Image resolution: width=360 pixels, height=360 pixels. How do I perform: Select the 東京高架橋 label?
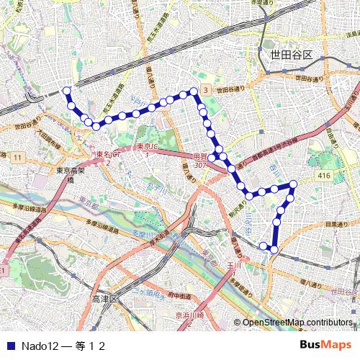pos(71,176)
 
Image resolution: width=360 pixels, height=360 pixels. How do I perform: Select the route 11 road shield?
pos(16,156)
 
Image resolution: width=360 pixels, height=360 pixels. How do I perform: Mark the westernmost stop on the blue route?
pos(67,91)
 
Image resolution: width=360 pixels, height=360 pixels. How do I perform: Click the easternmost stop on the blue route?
pos(294,184)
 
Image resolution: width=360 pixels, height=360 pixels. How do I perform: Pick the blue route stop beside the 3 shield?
pos(194,91)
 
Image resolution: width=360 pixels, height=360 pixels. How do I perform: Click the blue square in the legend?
pos(10,346)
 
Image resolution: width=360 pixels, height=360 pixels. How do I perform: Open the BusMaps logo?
pos(325,345)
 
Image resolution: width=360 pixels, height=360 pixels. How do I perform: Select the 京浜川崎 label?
pos(190,315)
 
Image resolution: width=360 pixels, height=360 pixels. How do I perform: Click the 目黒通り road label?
pos(334,225)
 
